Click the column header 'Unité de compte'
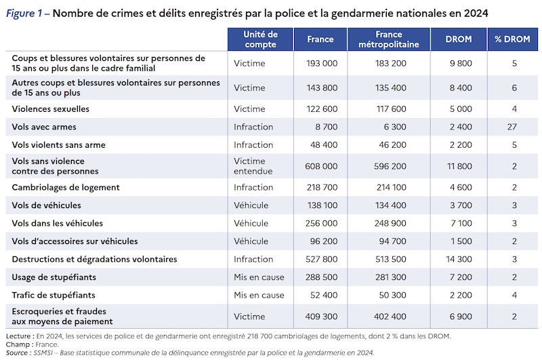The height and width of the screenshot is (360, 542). tap(260, 39)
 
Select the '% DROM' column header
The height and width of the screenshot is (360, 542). tap(512, 39)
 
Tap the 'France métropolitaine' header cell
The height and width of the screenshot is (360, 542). tap(388, 39)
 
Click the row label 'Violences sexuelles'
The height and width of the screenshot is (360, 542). tap(50, 109)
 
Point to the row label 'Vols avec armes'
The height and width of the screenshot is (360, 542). tap(44, 127)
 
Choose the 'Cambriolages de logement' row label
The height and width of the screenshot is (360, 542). tap(66, 187)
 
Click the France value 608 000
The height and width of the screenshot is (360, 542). tap(321, 166)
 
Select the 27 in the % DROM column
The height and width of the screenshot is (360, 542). tap(512, 127)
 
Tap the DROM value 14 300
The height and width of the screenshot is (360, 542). tap(459, 260)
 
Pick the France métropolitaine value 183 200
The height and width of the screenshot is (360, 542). tap(391, 63)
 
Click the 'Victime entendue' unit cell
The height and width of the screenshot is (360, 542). tap(253, 166)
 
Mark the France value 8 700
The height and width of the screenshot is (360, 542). tap(327, 127)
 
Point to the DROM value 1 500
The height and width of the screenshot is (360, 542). tap(461, 241)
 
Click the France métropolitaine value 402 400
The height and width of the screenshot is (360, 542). tap(390, 317)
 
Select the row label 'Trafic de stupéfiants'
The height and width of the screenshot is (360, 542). tap(54, 296)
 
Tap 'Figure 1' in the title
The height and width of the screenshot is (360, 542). tap(24, 13)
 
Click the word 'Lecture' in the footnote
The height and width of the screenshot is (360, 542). tap(18, 336)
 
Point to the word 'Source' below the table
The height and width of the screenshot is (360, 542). tap(16, 353)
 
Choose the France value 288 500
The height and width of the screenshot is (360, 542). tap(321, 277)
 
